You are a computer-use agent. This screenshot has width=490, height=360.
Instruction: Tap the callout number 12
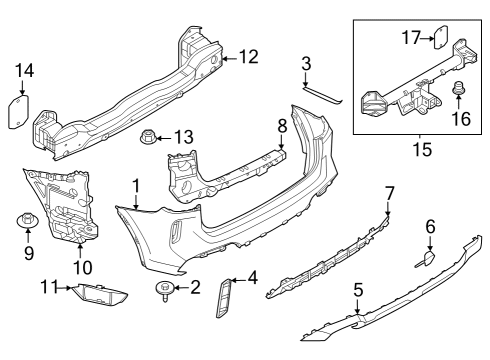click(248, 57)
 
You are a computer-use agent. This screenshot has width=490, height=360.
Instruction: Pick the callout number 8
click(282, 127)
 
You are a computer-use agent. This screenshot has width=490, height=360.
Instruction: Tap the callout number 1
click(136, 185)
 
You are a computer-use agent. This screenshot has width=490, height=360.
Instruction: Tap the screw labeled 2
click(160, 289)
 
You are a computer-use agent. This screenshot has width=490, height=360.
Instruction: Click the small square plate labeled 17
click(438, 38)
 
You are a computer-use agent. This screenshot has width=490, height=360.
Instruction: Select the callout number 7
click(390, 192)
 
